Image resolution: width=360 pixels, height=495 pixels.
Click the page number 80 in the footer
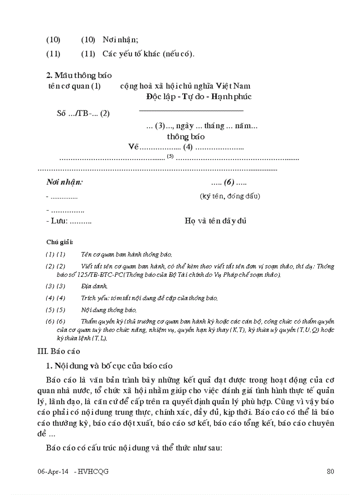pos(330,471)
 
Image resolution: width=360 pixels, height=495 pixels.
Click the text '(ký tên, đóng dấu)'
pos(229,196)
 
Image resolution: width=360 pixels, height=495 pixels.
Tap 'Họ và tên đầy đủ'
pos(215,221)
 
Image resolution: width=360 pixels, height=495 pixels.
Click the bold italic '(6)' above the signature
pos(228,182)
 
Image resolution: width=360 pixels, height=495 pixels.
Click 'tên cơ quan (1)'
pos(74,86)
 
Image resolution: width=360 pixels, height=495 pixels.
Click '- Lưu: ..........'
pos(68,221)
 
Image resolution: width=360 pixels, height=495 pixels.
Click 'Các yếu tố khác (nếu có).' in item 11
pos(148,54)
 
